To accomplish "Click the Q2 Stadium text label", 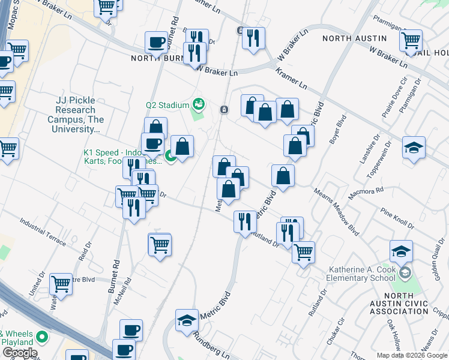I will pyautogui.click(x=167, y=105).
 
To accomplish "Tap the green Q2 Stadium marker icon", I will pyautogui.click(x=199, y=105).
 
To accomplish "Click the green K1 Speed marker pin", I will pyautogui.click(x=171, y=157).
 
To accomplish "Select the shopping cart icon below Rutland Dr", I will pyautogui.click(x=304, y=251).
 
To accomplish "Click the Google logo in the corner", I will pyautogui.click(x=19, y=353).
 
